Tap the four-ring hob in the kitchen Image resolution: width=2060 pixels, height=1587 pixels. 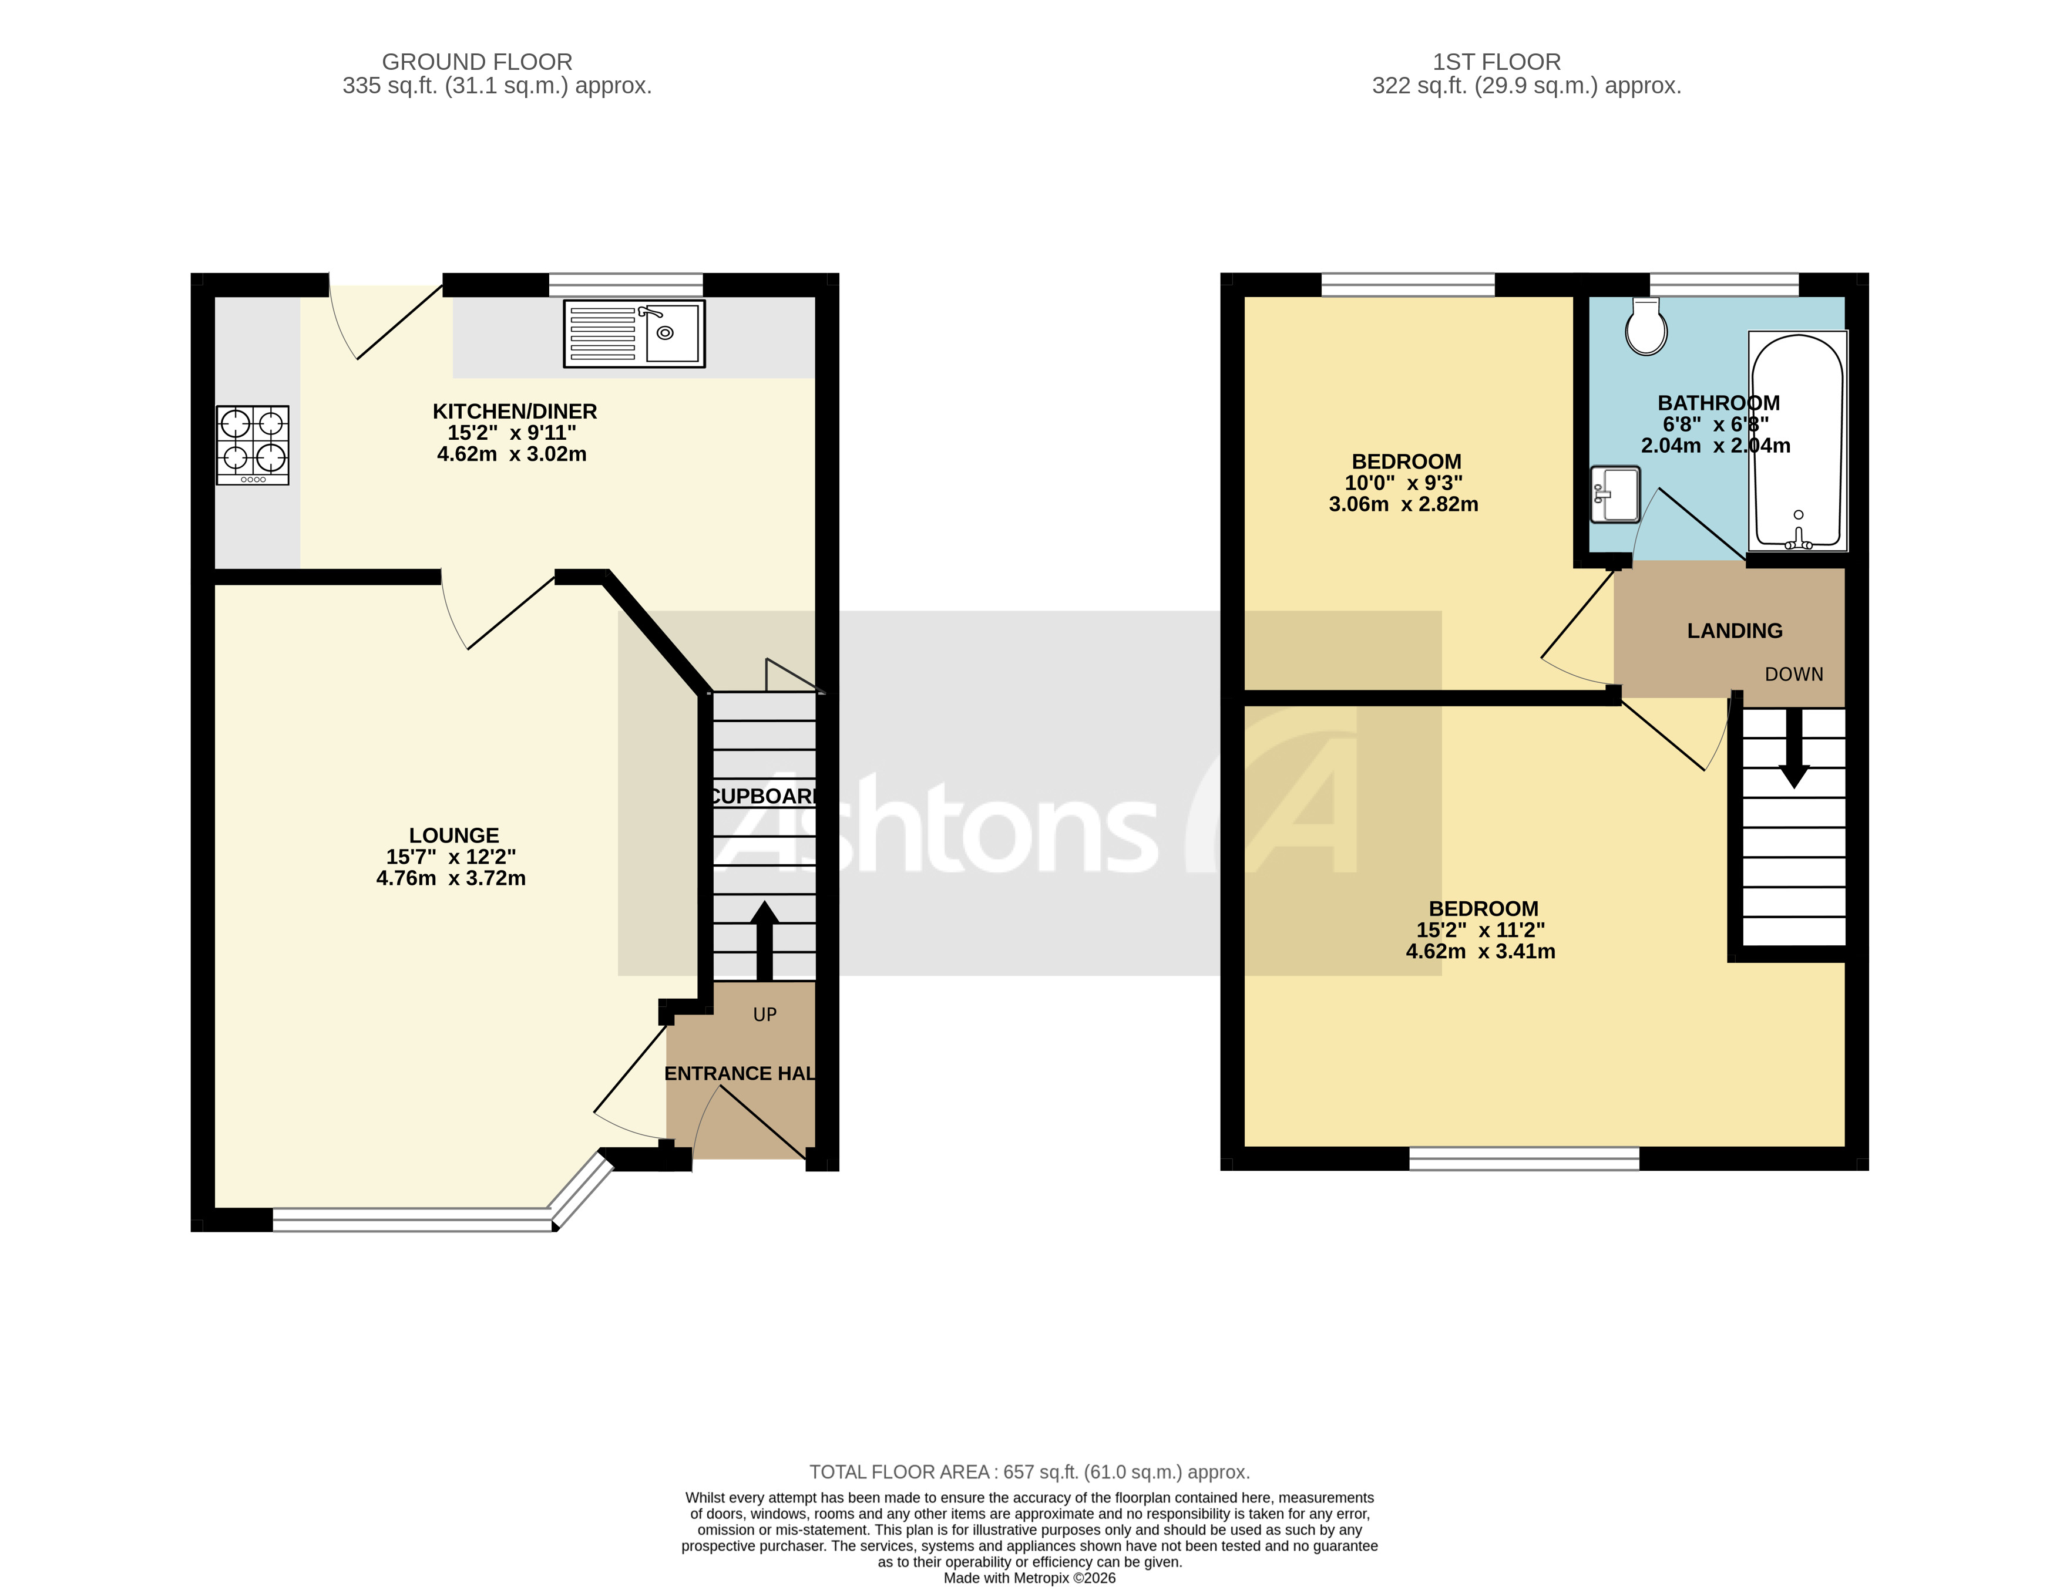253,444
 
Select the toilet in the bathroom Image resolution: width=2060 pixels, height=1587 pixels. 1646,327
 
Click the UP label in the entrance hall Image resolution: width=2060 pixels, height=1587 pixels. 764,1015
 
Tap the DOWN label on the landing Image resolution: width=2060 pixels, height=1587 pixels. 1793,674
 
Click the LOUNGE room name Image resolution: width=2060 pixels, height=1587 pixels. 453,835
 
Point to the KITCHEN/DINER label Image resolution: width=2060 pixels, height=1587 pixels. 514,411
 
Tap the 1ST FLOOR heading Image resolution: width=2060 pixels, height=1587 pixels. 1496,62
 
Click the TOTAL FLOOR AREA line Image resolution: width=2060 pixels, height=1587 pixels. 1029,1472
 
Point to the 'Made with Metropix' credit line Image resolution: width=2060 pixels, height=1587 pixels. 1029,1578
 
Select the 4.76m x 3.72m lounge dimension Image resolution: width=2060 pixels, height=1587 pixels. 451,878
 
